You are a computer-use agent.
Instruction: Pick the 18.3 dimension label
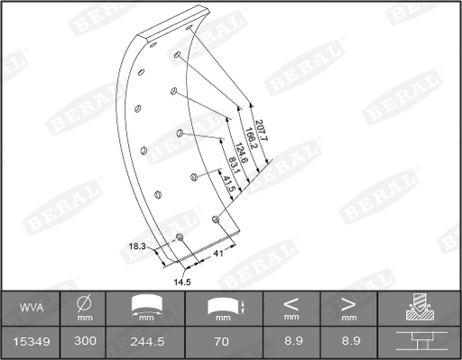[x=137, y=245]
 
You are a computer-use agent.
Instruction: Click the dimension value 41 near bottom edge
[x=217, y=254]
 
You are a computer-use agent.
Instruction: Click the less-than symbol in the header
[x=291, y=303]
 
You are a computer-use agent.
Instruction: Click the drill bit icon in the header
[x=420, y=309]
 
